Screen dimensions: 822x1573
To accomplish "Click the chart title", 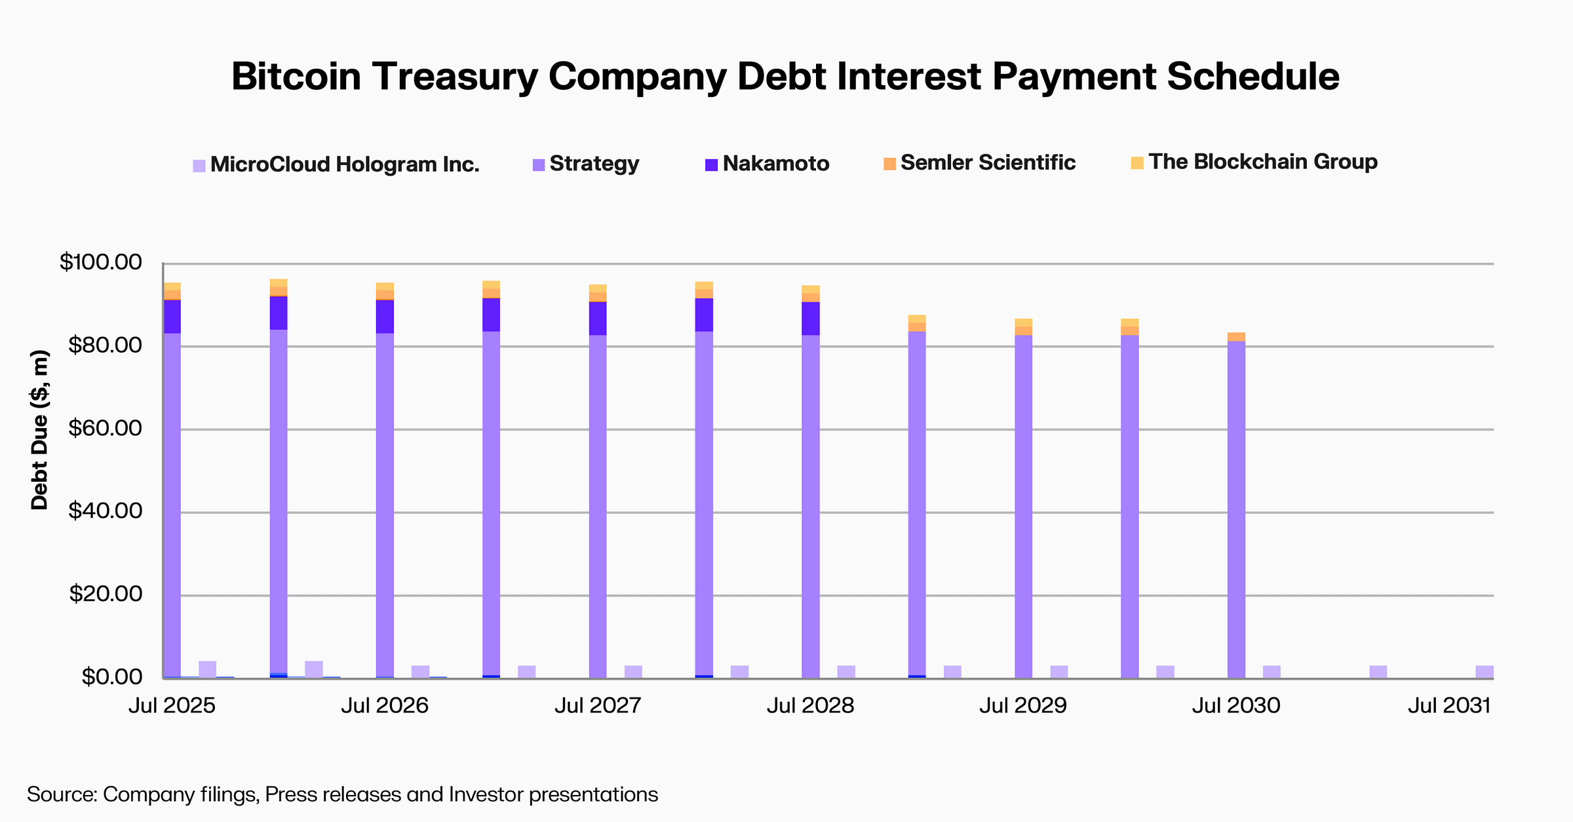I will pos(785,76).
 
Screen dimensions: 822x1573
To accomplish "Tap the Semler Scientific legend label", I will pos(988,163).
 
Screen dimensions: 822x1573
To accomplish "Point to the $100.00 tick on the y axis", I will pos(101,262).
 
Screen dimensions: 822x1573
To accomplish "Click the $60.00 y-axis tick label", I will pos(105,429).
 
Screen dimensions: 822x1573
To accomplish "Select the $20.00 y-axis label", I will pos(105,595).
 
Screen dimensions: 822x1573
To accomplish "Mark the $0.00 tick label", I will pos(111,676).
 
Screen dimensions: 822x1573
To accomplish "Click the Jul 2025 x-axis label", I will pos(172,706).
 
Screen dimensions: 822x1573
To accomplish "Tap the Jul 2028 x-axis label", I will pos(811,706).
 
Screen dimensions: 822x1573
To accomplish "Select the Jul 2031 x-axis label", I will pos(1449,706).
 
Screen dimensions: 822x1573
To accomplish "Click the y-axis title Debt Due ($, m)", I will pos(40,430).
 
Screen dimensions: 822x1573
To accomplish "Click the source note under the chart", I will pos(342,794).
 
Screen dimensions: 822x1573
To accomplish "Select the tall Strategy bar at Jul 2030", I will pos(1236,511).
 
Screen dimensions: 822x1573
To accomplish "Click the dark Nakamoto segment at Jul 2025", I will pos(172,317).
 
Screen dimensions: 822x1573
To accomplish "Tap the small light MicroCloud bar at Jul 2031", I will pos(1485,672).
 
